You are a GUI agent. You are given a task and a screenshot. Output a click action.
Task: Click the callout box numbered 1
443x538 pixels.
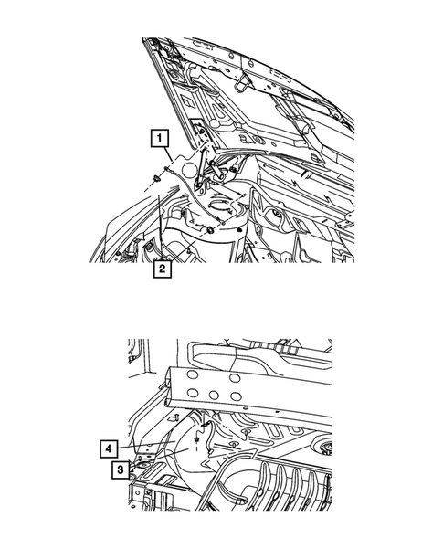click(160, 139)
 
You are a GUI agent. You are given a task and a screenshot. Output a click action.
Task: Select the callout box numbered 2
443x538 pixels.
click(162, 269)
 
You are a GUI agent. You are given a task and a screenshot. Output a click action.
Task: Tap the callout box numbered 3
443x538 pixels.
click(120, 470)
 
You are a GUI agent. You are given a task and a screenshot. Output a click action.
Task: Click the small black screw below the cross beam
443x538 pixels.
click(198, 437)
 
